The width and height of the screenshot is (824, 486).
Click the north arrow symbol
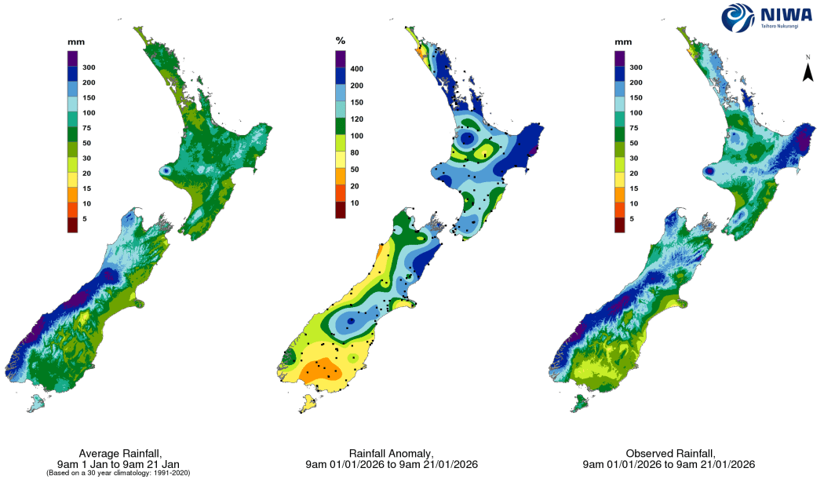[806, 71]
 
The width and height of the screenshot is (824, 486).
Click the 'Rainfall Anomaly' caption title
[391, 454]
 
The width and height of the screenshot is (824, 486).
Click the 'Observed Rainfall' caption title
[669, 454]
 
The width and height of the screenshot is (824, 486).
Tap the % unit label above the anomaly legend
[340, 39]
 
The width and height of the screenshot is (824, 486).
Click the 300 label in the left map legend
[89, 68]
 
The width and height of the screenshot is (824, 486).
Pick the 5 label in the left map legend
[85, 219]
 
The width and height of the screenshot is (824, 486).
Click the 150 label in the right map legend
[635, 98]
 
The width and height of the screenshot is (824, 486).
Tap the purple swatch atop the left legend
[71, 57]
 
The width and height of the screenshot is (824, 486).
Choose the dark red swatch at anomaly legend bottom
[341, 209]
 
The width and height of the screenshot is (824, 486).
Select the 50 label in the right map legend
[633, 144]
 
